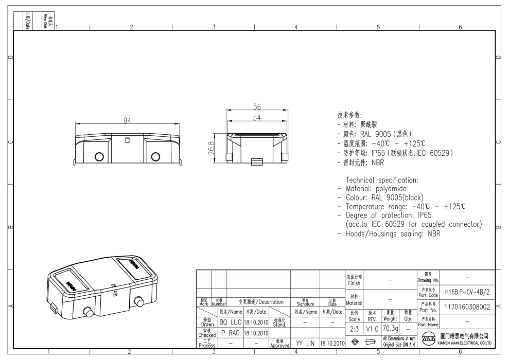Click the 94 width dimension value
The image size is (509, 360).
point(127,120)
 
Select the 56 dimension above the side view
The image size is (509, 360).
point(257,107)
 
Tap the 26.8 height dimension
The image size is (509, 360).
point(218,148)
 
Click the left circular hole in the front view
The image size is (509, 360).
point(99,156)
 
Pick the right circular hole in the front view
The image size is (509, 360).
point(154,156)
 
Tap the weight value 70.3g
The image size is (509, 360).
point(390,328)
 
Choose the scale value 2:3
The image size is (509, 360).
point(354,328)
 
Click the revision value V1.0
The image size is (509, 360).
point(372,328)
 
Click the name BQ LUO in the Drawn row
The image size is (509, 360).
point(231,322)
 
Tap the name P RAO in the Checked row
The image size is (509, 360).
point(231,332)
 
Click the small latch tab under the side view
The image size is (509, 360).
point(256,163)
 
